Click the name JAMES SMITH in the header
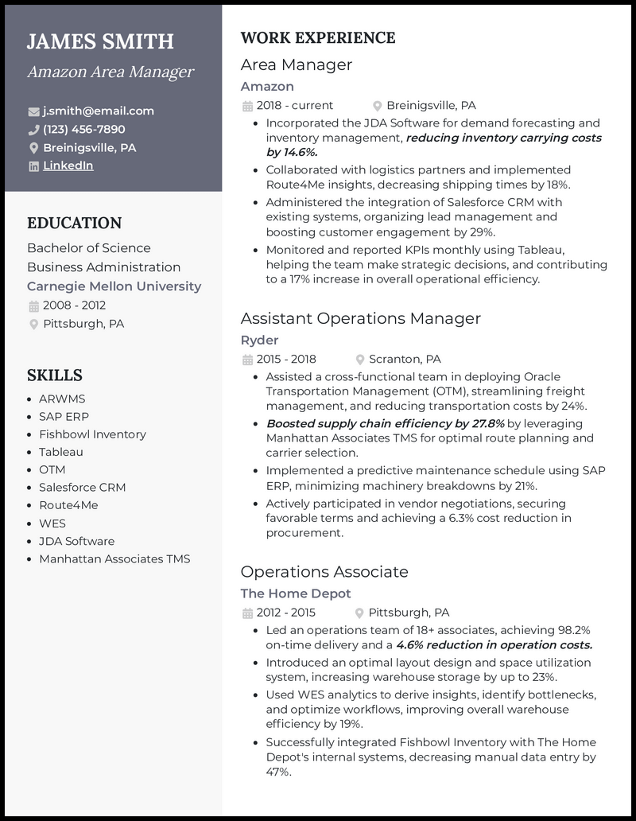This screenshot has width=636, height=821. tap(100, 41)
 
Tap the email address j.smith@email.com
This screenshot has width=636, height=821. tap(99, 111)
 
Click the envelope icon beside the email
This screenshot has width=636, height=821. tap(33, 111)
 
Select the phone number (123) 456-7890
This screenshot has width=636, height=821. tap(84, 129)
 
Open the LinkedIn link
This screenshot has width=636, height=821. tap(68, 165)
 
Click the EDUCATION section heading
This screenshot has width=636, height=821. tap(75, 223)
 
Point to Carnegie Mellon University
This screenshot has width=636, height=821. tap(114, 286)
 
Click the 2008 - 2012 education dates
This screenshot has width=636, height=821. tap(74, 305)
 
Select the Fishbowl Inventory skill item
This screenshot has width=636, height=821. tap(92, 434)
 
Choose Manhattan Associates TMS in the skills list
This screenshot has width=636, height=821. tap(114, 558)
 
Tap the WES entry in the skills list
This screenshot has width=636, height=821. tap(52, 523)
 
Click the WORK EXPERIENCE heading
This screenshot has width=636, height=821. tap(317, 38)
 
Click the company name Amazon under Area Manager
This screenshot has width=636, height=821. tap(267, 86)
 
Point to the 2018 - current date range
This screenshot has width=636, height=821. tap(294, 105)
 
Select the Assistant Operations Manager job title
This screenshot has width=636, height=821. tap(360, 318)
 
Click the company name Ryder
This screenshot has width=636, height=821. tap(259, 340)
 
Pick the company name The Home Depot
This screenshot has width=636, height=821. tap(295, 593)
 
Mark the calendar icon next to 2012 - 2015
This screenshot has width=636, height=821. tap(247, 613)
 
